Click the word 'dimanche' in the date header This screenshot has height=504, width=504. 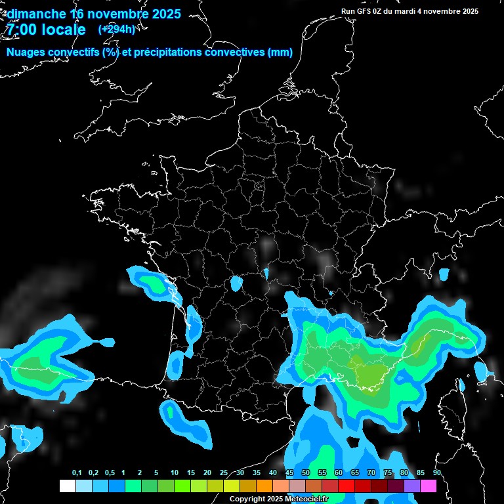pos(36,14)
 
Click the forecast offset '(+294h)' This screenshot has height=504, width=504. pos(116,29)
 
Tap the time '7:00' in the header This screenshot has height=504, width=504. pos(22,30)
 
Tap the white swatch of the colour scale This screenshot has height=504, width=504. pos(67,486)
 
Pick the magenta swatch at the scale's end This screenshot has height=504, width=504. pos(429,486)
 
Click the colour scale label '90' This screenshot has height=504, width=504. pos(436,472)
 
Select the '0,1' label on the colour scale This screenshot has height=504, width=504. pos(77,472)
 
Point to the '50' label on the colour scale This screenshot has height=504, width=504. pos(306,472)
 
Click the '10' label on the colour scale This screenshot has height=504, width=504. pos(175,472)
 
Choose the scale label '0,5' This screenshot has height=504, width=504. pos(110,472)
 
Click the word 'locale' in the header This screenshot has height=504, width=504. pos(62,30)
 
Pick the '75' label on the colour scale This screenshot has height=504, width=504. pos(388,472)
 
